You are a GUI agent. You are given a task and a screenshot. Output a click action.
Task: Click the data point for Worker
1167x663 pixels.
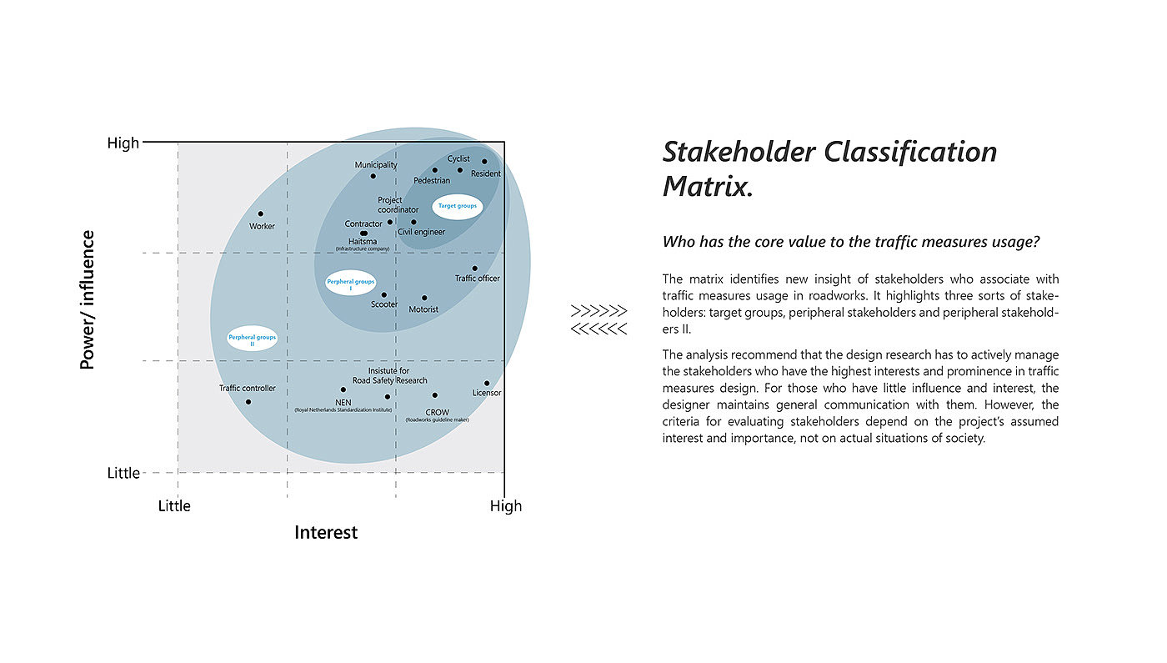[261, 213]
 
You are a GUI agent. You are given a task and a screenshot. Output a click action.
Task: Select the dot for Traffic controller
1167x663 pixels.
[248, 402]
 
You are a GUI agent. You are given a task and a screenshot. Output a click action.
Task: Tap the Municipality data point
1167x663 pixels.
[373, 176]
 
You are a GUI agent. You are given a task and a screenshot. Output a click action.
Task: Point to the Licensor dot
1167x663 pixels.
[487, 384]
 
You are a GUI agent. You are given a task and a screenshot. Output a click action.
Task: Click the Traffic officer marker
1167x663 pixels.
[475, 269]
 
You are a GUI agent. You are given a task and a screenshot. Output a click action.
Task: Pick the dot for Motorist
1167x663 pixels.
[424, 298]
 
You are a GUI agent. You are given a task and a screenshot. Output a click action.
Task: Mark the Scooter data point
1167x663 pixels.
[384, 294]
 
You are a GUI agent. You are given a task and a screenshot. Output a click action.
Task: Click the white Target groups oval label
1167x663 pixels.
[458, 205]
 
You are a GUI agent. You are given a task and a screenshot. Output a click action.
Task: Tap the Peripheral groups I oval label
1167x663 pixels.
[351, 284]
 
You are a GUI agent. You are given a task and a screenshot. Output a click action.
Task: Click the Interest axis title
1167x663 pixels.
[326, 532]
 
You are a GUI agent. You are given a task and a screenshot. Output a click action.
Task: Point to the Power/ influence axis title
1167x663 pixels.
[88, 300]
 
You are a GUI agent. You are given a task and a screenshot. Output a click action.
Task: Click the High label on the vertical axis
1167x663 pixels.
[123, 143]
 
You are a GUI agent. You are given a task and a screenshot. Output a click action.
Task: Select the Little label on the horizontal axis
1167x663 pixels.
[174, 505]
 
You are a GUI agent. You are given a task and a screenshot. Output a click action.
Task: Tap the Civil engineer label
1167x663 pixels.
[421, 232]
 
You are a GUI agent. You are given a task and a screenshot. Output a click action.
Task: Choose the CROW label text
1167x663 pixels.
[437, 412]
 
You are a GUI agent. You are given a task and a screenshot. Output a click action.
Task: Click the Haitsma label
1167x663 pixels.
[363, 242]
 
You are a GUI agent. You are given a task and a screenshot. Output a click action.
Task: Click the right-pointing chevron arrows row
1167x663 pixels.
[599, 311]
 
